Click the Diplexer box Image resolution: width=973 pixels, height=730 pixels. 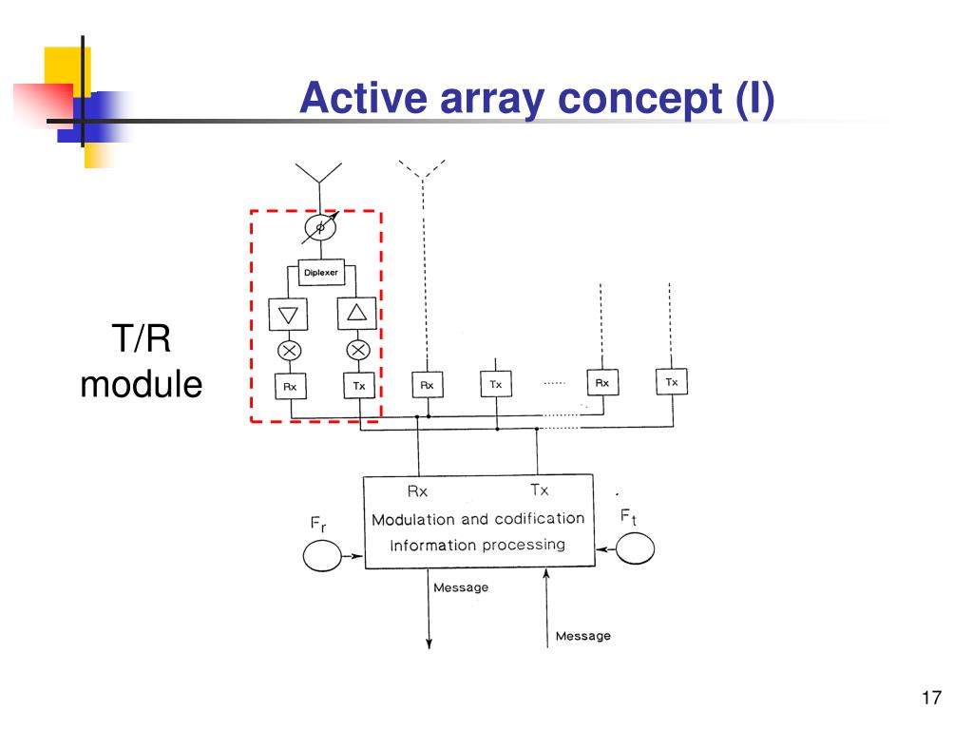(320, 273)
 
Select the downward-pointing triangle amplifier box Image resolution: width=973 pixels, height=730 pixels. (288, 313)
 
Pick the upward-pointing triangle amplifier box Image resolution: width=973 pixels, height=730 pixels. (357, 313)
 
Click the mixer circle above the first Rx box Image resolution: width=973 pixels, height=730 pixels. (289, 351)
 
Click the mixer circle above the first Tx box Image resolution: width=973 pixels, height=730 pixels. (358, 351)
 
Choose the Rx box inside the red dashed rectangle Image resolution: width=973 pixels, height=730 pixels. (290, 386)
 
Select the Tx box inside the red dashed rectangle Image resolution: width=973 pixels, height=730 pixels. (358, 386)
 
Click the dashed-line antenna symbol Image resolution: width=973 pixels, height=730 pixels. (423, 171)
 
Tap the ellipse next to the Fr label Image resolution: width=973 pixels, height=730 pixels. (323, 555)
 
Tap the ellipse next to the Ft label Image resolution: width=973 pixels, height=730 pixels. (634, 548)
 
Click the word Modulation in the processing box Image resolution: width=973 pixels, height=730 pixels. (415, 520)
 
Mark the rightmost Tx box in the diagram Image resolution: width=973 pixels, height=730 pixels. (671, 382)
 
